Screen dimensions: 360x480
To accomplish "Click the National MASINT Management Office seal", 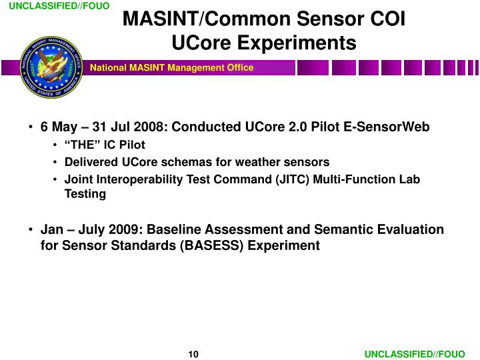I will [51, 67].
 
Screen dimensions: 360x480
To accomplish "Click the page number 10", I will [193, 353].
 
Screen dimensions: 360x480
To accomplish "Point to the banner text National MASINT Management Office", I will [172, 67].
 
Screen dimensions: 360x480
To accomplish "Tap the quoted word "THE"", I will [82, 145].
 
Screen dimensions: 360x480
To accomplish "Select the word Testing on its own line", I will [85, 194].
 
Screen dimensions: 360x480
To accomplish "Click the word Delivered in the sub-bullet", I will [89, 162].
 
